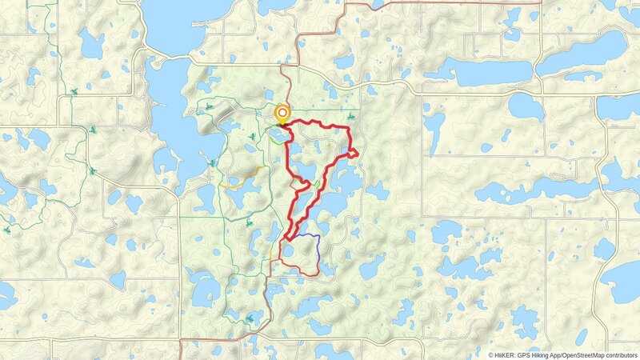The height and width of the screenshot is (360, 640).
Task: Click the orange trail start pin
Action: point(282,114)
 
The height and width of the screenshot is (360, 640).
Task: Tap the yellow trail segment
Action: point(244,178)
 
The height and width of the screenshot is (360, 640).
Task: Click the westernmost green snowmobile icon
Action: point(7,229)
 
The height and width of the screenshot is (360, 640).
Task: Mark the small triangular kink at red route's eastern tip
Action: point(352,152)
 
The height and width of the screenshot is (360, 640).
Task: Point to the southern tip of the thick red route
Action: point(286,237)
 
